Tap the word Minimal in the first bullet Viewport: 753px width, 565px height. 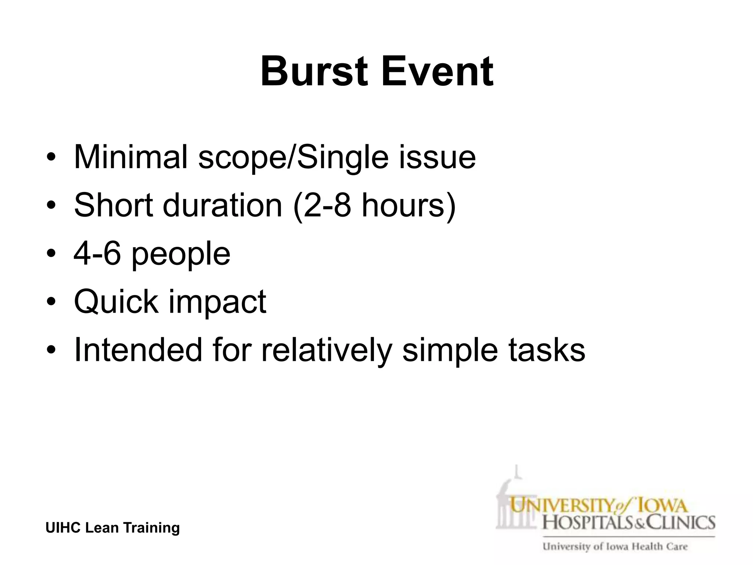click(131, 157)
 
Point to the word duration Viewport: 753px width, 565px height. click(222, 205)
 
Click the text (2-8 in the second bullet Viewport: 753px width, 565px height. click(322, 205)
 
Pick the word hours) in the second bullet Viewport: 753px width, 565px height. click(408, 205)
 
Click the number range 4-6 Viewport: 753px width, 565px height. click(97, 253)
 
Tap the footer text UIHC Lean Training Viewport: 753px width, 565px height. click(113, 528)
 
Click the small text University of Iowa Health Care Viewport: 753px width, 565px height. click(615, 546)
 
